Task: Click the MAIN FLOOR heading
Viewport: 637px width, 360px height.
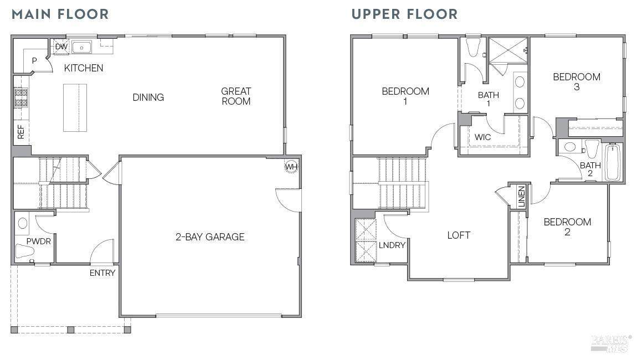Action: [x=60, y=14]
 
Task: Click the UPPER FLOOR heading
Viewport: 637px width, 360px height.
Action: [x=404, y=14]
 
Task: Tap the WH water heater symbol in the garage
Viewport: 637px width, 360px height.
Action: [x=291, y=167]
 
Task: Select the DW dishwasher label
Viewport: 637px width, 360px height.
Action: [x=61, y=47]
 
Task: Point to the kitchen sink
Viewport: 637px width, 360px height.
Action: [x=81, y=47]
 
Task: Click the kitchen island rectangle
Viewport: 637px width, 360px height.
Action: [x=75, y=107]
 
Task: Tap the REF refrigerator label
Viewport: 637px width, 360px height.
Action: [x=21, y=132]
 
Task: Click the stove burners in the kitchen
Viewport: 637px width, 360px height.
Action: [x=21, y=98]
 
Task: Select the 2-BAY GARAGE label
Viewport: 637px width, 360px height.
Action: [x=210, y=237]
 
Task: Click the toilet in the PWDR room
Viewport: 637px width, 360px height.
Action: [x=24, y=251]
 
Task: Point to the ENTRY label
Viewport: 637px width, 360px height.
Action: [x=102, y=273]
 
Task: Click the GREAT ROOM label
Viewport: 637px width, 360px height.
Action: [x=236, y=96]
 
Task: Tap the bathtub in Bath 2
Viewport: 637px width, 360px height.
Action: [x=612, y=162]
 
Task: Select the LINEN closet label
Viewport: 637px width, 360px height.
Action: [x=522, y=196]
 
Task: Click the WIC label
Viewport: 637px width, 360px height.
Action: [x=482, y=137]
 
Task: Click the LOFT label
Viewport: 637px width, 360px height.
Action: [x=459, y=235]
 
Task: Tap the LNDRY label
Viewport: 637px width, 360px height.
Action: [x=392, y=245]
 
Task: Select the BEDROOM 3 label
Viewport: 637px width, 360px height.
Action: [x=577, y=81]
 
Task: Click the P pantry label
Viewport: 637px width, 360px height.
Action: [x=34, y=61]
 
